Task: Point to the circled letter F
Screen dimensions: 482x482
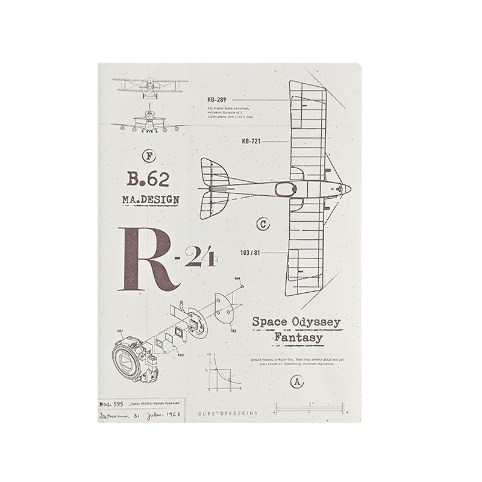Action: click(151, 155)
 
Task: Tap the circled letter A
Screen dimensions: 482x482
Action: click(295, 381)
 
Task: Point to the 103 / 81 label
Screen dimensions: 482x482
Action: click(250, 252)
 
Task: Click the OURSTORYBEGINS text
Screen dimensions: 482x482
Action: click(227, 413)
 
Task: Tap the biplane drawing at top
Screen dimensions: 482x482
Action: click(149, 88)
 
